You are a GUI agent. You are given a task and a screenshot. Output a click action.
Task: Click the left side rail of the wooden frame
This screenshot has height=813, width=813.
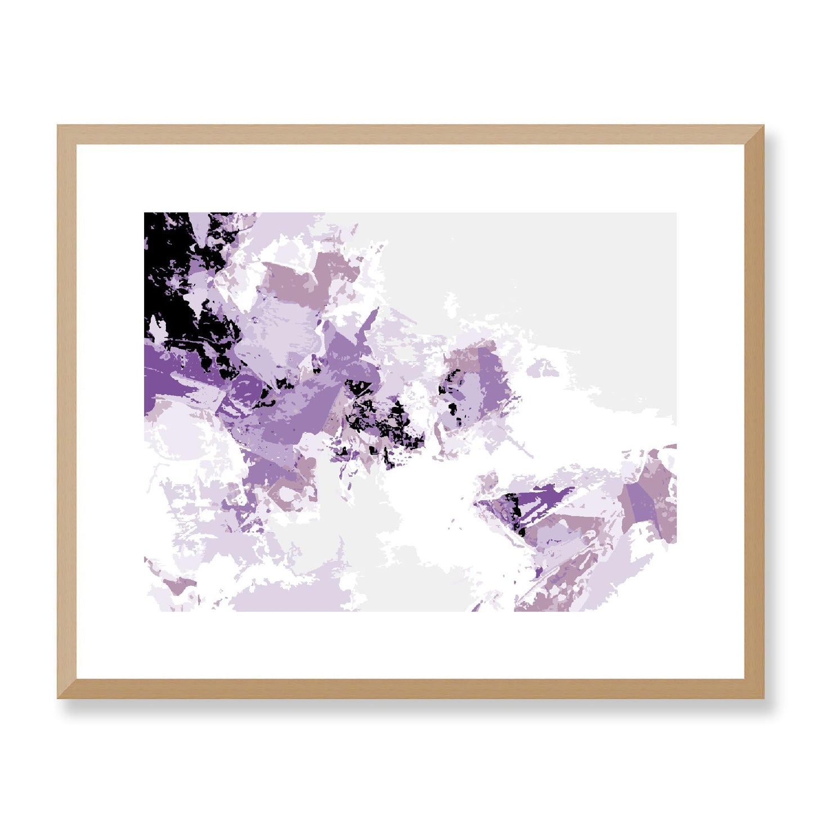click(66, 411)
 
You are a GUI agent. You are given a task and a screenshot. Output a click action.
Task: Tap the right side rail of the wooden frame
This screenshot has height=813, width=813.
click(754, 411)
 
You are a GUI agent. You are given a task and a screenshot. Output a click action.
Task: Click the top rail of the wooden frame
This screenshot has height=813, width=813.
click(411, 134)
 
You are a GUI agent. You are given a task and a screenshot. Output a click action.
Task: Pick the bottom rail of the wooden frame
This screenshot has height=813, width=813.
click(411, 689)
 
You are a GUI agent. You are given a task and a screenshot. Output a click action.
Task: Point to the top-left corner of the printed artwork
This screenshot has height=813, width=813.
click(145, 213)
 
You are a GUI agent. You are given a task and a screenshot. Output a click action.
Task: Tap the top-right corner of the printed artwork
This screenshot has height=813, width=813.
click(676, 213)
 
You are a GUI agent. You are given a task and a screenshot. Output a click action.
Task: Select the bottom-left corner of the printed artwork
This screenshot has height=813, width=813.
click(145, 610)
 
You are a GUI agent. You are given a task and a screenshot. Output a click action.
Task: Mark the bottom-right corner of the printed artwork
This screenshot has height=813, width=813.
click(676, 610)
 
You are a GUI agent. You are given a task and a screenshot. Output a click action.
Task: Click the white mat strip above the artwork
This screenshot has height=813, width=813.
click(411, 178)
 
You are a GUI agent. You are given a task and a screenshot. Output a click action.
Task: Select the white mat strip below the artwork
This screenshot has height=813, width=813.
click(411, 645)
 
